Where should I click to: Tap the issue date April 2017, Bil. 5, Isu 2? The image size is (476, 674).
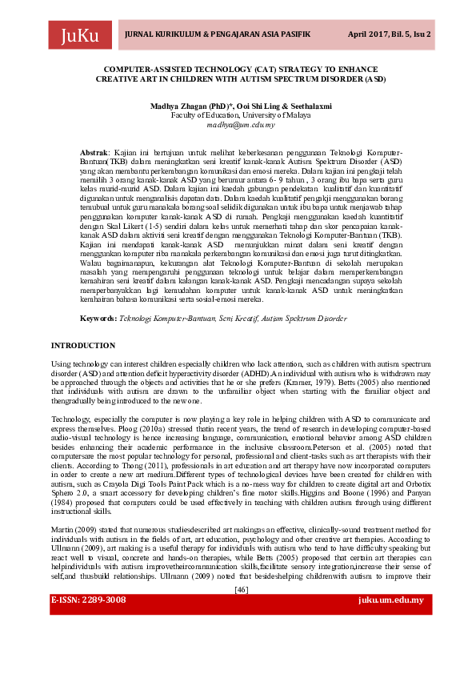389,35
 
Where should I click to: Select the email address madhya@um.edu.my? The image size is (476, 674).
241,125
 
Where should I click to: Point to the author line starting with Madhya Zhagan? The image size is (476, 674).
241,106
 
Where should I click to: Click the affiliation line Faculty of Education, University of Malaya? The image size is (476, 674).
241,115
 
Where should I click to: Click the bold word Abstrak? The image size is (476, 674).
94,152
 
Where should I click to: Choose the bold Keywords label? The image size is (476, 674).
98,319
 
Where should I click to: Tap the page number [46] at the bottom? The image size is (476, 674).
241,612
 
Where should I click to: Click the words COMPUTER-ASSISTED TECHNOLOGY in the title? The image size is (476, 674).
172,70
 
